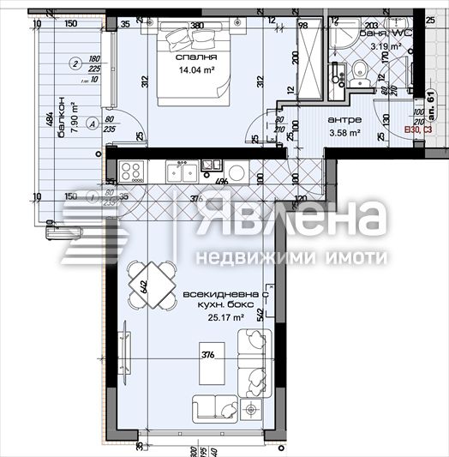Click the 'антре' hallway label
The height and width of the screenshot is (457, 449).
[344, 120]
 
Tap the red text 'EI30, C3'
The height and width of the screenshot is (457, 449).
[417, 130]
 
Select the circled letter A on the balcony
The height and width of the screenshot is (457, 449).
[89, 122]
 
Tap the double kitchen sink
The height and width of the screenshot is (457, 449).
[180, 172]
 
